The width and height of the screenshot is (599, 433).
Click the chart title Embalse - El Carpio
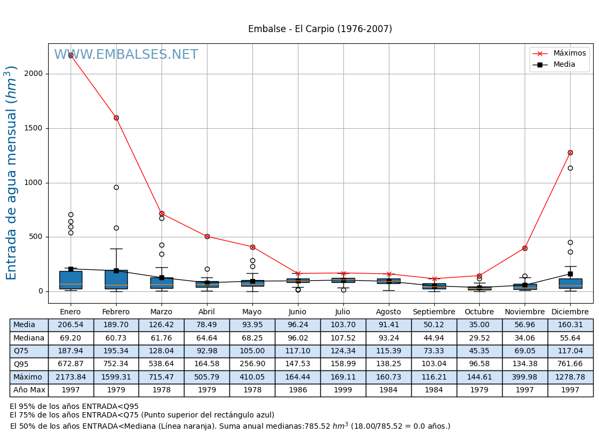pyautogui.click(x=320, y=29)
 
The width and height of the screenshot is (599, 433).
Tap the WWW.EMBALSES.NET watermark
pyautogui.click(x=126, y=55)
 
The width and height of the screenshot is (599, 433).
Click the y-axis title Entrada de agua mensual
pyautogui.click(x=12, y=173)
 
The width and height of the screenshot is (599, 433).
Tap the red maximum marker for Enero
pyautogui.click(x=71, y=55)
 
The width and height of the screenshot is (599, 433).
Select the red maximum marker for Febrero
pyautogui.click(x=116, y=118)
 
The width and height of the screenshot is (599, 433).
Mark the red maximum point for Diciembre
pyautogui.click(x=570, y=152)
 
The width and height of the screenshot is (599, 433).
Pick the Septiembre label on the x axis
pyautogui.click(x=434, y=312)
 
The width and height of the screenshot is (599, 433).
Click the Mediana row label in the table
pyautogui.click(x=29, y=338)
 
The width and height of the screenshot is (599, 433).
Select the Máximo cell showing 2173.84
pyautogui.click(x=71, y=377)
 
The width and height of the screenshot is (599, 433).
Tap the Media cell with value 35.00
pyautogui.click(x=479, y=325)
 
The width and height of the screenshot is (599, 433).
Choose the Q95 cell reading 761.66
pyautogui.click(x=570, y=364)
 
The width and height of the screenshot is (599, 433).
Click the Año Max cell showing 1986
pyautogui.click(x=297, y=390)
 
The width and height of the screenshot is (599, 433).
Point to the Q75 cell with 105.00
pyautogui.click(x=252, y=351)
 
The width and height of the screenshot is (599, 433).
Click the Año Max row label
pyautogui.click(x=29, y=390)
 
